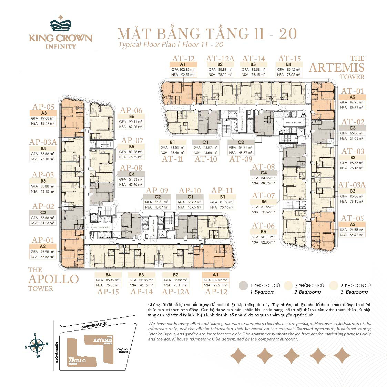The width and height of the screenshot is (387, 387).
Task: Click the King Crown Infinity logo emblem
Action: click(61, 23)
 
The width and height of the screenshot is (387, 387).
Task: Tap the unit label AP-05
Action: click(43, 107)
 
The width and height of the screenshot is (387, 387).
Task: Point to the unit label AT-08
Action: click(264, 167)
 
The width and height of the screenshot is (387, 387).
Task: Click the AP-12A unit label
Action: click(176, 291)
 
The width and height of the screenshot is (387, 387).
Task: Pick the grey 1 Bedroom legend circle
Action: click(243, 286)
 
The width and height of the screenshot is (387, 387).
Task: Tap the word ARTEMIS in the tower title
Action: click(336, 67)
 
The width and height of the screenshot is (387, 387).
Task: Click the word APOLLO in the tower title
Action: click(53, 279)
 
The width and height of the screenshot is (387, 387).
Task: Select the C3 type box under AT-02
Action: click(353, 128)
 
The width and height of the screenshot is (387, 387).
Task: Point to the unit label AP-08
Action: click(131, 168)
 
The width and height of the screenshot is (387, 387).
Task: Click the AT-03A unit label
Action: click(352, 185)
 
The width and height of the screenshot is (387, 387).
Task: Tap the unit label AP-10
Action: click(190, 191)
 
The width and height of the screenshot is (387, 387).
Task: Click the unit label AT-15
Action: click(289, 59)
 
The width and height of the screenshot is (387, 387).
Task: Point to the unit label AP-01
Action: click(43, 240)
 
